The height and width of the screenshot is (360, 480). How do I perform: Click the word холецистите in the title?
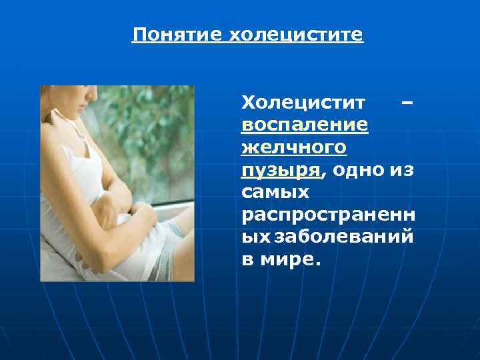click(296, 34)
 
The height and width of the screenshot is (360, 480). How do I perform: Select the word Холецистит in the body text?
click(303, 103)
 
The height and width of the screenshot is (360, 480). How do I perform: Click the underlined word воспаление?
click(305, 125)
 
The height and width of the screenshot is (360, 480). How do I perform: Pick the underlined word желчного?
click(294, 147)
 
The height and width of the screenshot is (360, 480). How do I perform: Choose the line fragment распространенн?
click(327, 215)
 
